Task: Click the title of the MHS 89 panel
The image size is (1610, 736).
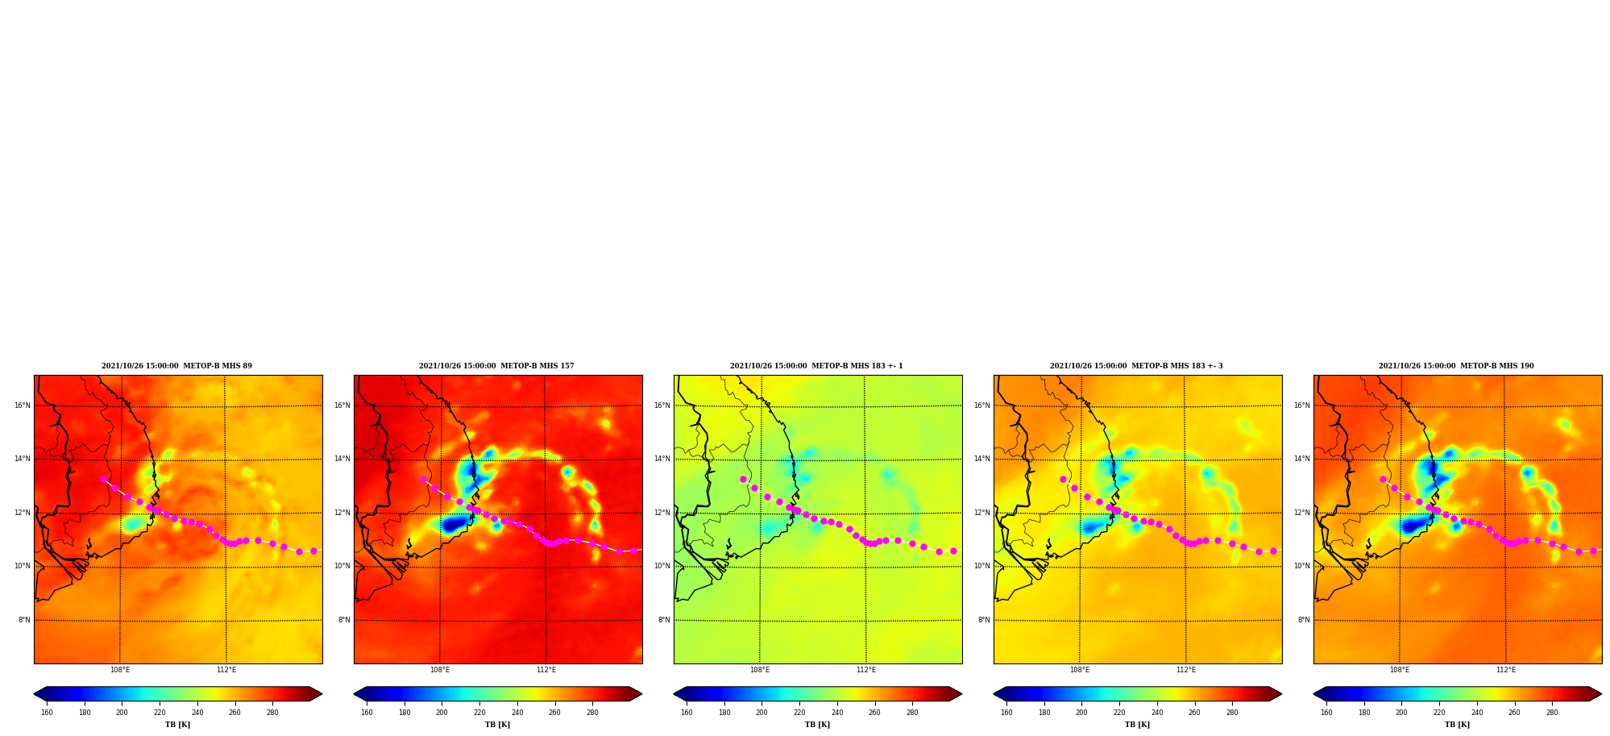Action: (176, 366)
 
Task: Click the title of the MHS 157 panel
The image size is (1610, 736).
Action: (496, 366)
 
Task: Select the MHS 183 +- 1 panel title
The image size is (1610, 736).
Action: (816, 366)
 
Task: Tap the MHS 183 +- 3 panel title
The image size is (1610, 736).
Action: (1136, 366)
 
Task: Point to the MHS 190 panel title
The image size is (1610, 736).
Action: (1456, 366)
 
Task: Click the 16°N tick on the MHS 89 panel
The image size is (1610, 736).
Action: (22, 405)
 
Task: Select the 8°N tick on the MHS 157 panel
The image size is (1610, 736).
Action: (344, 620)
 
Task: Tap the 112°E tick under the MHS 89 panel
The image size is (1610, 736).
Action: (226, 670)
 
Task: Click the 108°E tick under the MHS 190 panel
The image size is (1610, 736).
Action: (1400, 670)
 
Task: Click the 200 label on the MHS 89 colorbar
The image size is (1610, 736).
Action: (122, 713)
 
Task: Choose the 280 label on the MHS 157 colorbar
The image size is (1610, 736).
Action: (592, 713)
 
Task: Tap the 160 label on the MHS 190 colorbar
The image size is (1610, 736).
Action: (1326, 713)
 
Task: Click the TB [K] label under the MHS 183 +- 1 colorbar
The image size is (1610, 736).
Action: (817, 725)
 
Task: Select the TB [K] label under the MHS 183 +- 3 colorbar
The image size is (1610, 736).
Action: (1137, 725)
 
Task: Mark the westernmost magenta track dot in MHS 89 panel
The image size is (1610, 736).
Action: (103, 479)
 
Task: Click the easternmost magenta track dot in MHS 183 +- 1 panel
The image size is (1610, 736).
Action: (953, 551)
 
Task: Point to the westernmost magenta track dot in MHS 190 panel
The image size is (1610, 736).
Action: (1383, 479)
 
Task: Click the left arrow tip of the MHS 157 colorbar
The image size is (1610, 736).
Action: (354, 694)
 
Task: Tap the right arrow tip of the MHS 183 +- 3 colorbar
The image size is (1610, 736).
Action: (1282, 694)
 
